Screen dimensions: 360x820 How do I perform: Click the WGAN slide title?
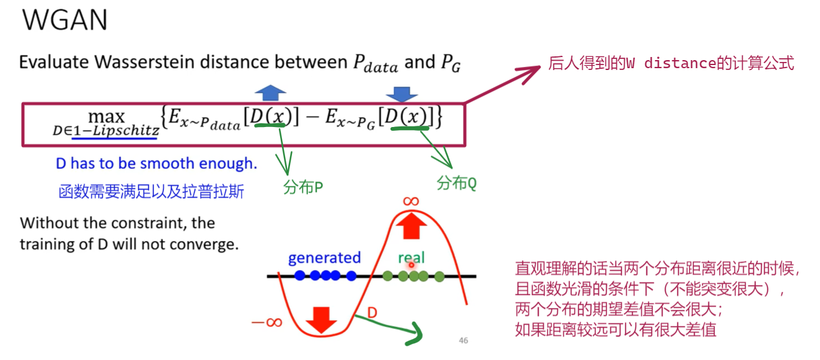click(64, 20)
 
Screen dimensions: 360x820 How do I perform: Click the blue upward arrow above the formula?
click(270, 94)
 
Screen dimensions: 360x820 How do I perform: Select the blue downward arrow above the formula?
click(402, 94)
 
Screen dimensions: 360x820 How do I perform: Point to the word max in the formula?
click(106, 116)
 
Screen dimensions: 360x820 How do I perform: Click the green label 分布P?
click(304, 188)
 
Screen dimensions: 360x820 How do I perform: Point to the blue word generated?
click(324, 258)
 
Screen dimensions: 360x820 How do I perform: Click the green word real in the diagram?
click(412, 258)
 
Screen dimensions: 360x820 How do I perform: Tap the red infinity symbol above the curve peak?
click(411, 201)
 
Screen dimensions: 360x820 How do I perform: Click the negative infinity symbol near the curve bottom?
click(267, 323)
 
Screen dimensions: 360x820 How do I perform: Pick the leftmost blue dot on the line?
click(300, 276)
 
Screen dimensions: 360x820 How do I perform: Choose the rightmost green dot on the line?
click(439, 276)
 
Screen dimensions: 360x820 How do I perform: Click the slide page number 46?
click(463, 340)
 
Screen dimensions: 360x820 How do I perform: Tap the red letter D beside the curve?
click(372, 312)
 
